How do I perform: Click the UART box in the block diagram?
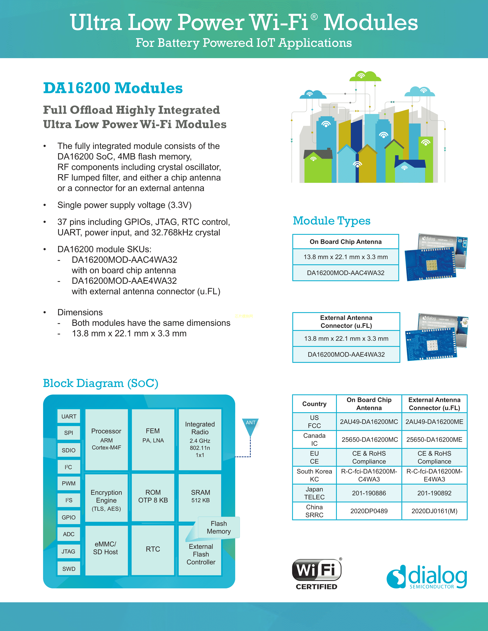click(x=69, y=416)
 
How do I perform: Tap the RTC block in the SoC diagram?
click(x=153, y=549)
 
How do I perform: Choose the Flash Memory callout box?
click(x=219, y=527)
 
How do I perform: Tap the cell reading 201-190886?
click(x=369, y=493)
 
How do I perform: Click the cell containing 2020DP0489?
click(x=369, y=511)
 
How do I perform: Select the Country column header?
click(x=314, y=404)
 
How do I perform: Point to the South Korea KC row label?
click(x=314, y=475)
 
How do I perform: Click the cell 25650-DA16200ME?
click(x=434, y=439)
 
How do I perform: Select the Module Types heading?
click(x=332, y=221)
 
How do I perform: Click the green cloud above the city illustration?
click(x=365, y=76)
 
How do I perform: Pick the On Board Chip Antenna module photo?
click(x=436, y=257)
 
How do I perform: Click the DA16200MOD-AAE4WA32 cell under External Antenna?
click(x=346, y=354)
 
